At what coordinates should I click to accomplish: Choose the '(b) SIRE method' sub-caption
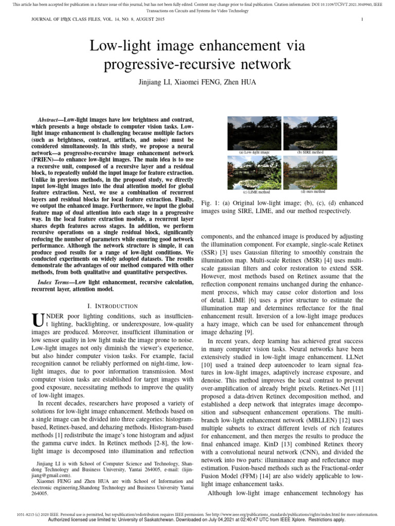point(310,153)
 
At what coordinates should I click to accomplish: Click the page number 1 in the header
point(363,20)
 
